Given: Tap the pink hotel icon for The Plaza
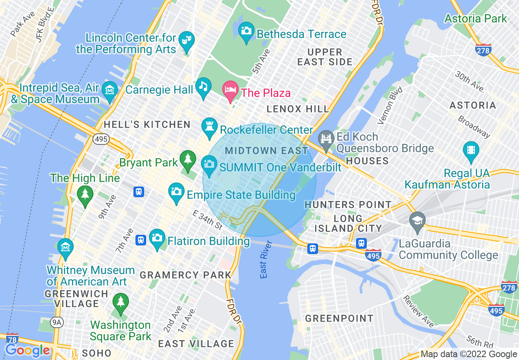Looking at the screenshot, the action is tap(230, 90).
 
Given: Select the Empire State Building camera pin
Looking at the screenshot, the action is tap(176, 192).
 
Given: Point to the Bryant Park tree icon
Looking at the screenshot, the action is tap(187, 159).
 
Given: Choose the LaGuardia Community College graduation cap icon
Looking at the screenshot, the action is tap(417, 221).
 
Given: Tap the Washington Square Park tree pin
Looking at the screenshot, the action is tap(120, 302).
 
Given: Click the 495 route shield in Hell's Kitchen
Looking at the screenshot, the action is tap(101, 139).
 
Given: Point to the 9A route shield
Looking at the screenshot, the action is tap(57, 323).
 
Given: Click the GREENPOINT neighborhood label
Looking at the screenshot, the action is tap(339, 318).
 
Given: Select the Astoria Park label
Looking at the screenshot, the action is tap(476, 19).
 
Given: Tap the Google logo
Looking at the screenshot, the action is tap(27, 350).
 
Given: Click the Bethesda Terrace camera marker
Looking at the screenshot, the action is tap(246, 31).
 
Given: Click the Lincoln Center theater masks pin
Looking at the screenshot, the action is tap(187, 40).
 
